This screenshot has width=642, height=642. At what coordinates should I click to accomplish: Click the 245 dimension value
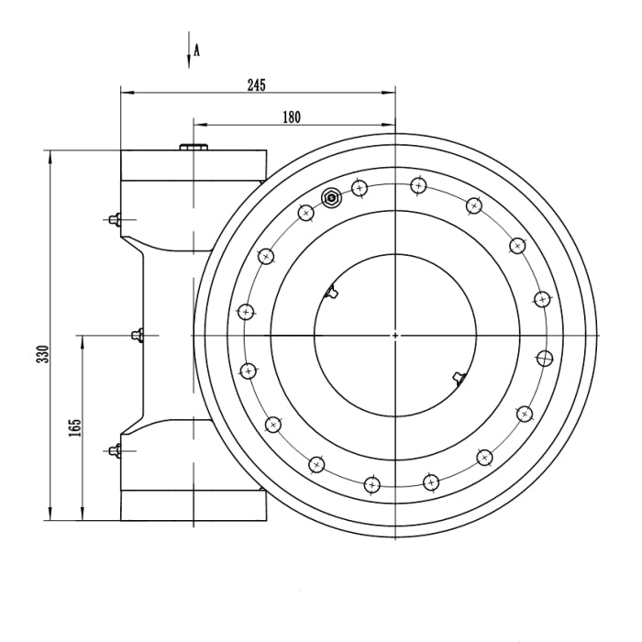click(x=256, y=84)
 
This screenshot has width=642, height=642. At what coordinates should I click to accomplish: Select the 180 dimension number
click(x=292, y=117)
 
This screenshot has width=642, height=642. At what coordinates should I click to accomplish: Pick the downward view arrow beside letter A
click(x=188, y=51)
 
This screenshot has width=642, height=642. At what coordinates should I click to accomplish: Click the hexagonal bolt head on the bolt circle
click(x=332, y=195)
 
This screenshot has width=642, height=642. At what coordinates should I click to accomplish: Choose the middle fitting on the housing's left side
click(x=138, y=335)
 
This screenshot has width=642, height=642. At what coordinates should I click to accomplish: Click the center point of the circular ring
click(x=395, y=335)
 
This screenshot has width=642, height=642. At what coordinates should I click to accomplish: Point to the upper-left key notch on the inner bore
click(x=332, y=293)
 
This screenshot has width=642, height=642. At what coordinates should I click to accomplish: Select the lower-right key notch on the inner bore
click(x=459, y=376)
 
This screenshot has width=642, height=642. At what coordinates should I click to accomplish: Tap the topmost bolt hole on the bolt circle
click(x=418, y=185)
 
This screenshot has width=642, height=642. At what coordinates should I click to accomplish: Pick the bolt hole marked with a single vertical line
click(x=545, y=357)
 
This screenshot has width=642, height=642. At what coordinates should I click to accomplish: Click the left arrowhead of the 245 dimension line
click(x=127, y=92)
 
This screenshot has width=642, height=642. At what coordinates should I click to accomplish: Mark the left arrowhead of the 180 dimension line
click(x=198, y=125)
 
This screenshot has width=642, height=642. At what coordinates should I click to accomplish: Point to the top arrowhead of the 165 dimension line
click(x=83, y=339)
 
